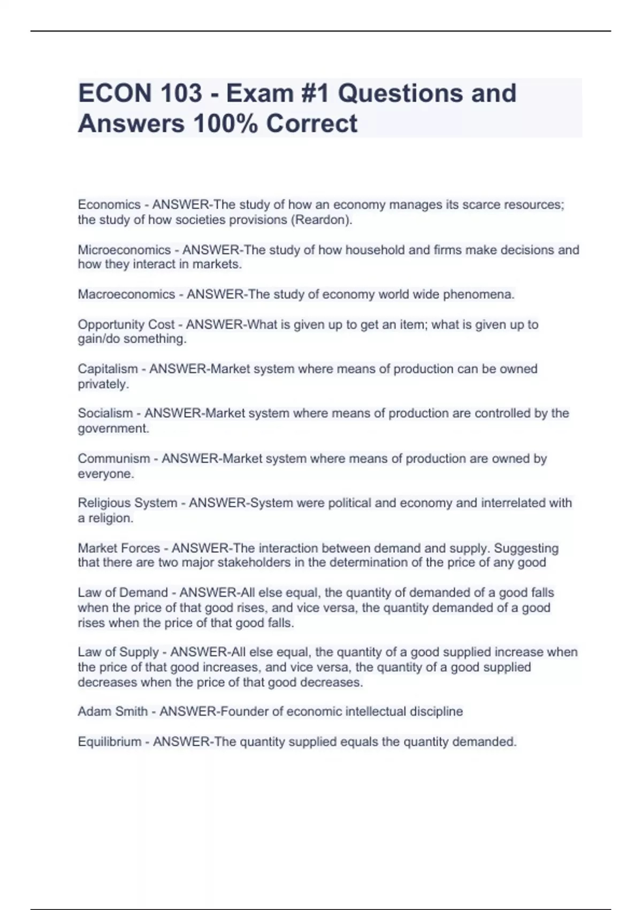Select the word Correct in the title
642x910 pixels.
(x=312, y=124)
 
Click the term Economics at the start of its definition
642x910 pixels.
(x=109, y=205)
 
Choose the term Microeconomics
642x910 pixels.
(x=124, y=250)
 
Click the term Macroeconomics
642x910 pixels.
(x=126, y=294)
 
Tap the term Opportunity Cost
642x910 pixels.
(x=126, y=324)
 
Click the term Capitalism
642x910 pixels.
(x=108, y=369)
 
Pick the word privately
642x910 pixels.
(x=103, y=384)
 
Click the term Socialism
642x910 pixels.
(x=105, y=413)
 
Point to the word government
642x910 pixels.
(x=113, y=429)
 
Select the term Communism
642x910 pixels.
(x=114, y=459)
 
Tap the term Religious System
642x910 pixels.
(x=127, y=503)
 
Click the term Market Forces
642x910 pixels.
(x=119, y=548)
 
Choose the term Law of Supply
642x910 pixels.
(x=118, y=652)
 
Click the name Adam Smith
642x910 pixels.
(x=112, y=711)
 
